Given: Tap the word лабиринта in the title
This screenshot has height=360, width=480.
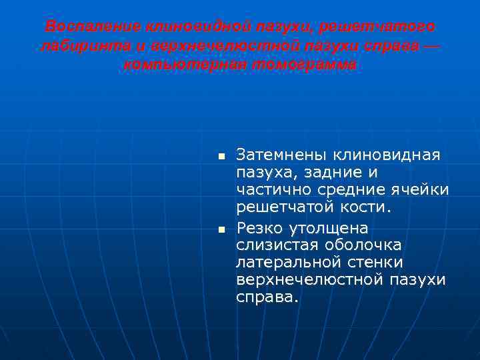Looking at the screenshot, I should (77, 47).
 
